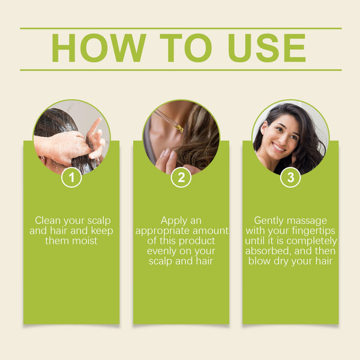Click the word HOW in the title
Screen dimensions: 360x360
(98, 48)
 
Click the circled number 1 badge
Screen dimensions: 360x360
(71, 177)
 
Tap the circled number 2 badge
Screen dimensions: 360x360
(181, 177)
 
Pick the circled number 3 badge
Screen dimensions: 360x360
(290, 177)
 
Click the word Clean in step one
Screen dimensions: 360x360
(48, 221)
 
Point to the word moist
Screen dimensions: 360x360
(85, 241)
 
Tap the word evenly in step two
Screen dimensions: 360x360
(162, 251)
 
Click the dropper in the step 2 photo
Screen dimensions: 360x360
(170, 120)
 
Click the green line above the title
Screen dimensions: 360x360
(180, 28)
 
